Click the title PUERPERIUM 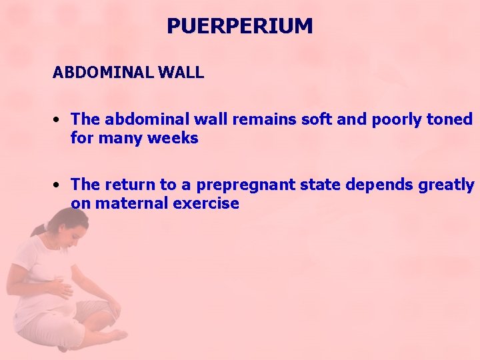click(x=239, y=26)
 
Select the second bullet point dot click(x=59, y=185)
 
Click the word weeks click(x=172, y=139)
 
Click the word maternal click(x=131, y=203)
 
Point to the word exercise click(x=206, y=203)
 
